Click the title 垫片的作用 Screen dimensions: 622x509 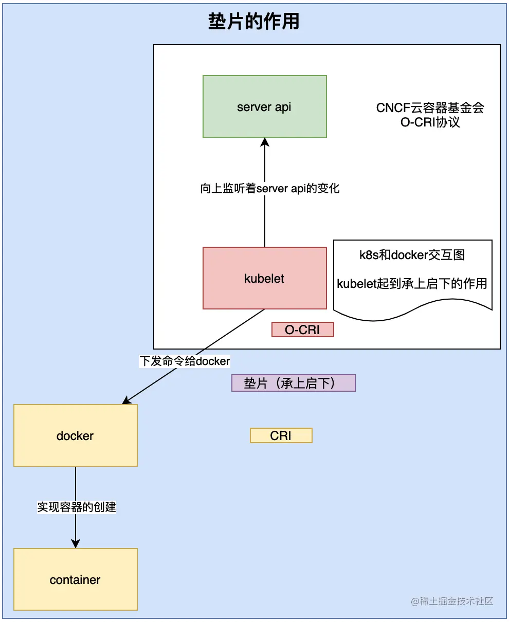[x=254, y=22]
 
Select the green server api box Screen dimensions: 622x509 [x=264, y=106]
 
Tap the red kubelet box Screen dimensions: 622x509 [x=264, y=278]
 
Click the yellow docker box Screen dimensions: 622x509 [x=75, y=435]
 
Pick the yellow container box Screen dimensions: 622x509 [x=75, y=579]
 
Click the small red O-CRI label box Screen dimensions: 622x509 [x=302, y=330]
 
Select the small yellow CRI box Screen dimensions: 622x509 [x=281, y=435]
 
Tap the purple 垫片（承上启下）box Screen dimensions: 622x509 [x=293, y=383]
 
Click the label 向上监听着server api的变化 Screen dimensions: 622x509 [x=270, y=188]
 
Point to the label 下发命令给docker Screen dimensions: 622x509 [x=185, y=361]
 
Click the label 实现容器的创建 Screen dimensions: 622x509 [x=77, y=507]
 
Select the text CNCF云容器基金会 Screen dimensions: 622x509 [x=430, y=108]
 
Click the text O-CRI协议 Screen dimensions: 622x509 [x=430, y=122]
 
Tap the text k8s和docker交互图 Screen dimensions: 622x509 [x=412, y=254]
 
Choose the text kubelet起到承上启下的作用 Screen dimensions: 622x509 [x=412, y=283]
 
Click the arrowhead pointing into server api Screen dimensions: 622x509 [x=265, y=141]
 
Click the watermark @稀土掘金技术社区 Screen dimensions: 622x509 [x=452, y=601]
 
